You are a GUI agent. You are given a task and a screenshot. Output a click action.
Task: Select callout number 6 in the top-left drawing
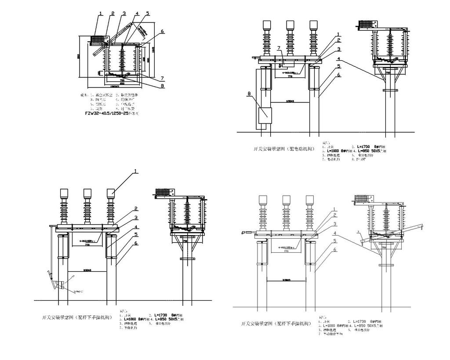tap(162, 32)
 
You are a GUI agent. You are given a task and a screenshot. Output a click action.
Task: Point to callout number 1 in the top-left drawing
tap(101, 14)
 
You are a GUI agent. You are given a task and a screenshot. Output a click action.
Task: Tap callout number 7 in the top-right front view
tap(278, 47)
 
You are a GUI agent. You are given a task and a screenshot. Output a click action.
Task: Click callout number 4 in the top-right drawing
tap(338, 58)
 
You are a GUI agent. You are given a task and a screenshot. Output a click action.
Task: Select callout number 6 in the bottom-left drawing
tap(136, 243)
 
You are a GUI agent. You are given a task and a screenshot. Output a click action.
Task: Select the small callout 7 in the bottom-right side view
tap(358, 231)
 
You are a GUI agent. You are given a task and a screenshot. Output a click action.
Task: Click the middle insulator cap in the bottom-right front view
tap(287, 200)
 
